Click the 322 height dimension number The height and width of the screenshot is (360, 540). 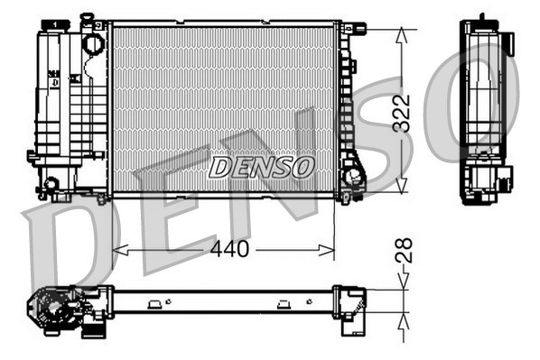402,114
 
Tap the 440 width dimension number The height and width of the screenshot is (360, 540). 229,249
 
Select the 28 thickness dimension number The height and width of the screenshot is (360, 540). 404,251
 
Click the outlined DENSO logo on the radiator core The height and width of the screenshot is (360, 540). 262,167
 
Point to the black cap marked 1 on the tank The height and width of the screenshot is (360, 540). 55,24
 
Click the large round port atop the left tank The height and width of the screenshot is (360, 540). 94,43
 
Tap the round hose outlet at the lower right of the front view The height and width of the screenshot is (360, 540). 352,176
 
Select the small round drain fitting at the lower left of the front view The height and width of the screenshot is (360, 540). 51,183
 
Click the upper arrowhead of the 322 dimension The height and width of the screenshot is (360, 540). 402,35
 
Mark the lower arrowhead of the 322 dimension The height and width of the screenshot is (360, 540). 402,186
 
